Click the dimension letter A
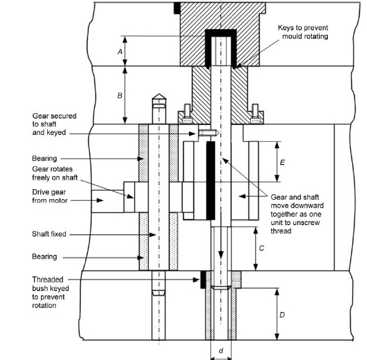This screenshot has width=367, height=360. (119, 52)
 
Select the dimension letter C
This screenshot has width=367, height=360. (263, 248)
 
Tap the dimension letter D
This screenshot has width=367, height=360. (282, 315)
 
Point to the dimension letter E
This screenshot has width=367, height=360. (283, 162)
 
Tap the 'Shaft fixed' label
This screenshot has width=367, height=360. (49, 234)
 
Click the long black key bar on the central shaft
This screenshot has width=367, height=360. (211, 180)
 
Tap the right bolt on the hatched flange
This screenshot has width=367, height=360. (255, 114)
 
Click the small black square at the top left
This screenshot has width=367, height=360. (177, 7)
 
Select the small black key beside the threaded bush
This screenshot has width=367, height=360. (203, 280)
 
